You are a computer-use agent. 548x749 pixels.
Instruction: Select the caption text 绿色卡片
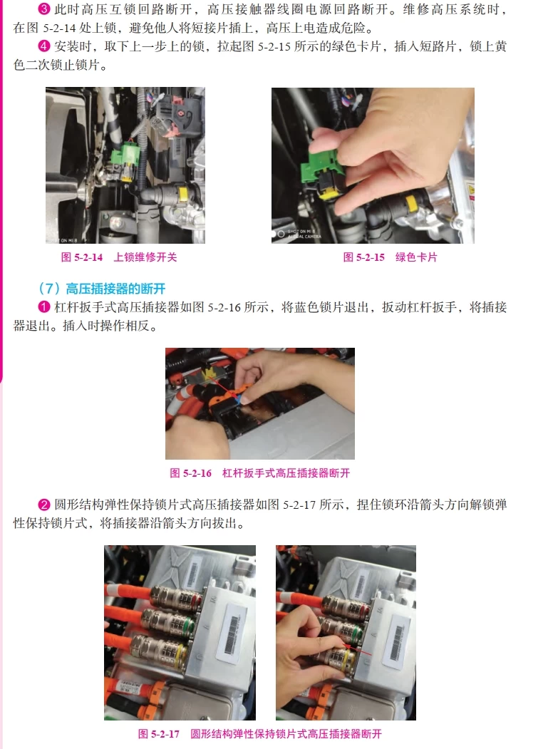(x=416, y=257)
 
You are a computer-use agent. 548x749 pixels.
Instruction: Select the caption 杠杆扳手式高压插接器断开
(x=286, y=473)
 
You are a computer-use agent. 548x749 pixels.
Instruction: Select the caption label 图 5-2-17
(x=158, y=734)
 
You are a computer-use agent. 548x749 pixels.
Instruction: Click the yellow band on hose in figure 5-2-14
(x=183, y=192)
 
